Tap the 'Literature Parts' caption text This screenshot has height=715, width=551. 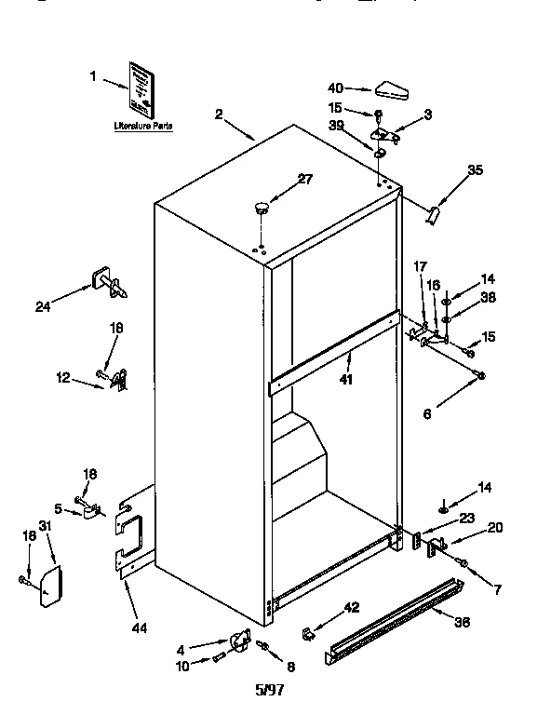click(142, 126)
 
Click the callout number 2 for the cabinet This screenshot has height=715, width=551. click(219, 115)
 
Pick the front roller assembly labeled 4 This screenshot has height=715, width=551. click(241, 642)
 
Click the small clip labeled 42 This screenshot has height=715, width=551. click(306, 633)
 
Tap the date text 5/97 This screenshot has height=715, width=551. click(269, 690)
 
